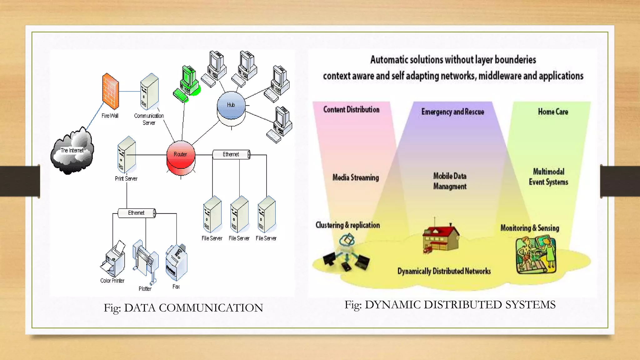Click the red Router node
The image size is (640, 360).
click(x=181, y=158)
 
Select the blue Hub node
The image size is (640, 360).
click(x=231, y=106)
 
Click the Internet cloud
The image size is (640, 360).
click(x=72, y=152)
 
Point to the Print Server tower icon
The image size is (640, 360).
click(x=127, y=154)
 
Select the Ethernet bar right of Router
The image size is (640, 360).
click(x=231, y=154)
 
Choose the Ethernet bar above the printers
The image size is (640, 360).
click(x=137, y=213)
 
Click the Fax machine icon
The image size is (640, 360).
click(x=176, y=262)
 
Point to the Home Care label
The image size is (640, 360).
click(x=553, y=112)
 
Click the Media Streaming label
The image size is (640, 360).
click(x=356, y=177)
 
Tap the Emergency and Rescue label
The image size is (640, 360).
click(x=452, y=112)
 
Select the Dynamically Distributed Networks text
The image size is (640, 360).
click(x=444, y=271)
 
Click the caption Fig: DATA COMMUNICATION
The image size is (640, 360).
click(x=183, y=308)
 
